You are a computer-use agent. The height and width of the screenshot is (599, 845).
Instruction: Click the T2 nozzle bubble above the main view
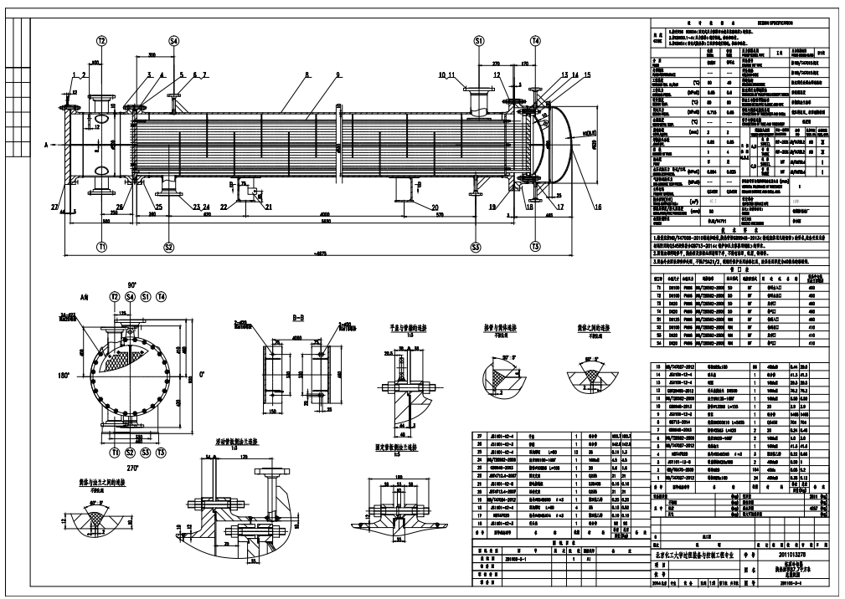[x=102, y=40]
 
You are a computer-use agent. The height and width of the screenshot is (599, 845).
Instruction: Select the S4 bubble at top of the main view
[x=174, y=40]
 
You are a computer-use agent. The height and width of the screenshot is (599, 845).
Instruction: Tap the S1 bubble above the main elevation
[x=479, y=40]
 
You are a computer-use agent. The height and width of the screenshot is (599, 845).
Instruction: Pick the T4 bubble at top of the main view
[x=535, y=40]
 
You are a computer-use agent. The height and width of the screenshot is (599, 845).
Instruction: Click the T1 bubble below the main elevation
[x=102, y=247]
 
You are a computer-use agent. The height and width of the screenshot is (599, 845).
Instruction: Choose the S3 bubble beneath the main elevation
[x=476, y=247]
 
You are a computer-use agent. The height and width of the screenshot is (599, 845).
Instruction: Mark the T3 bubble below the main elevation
[x=535, y=247]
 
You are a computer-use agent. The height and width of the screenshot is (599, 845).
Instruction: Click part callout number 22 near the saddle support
[x=224, y=206]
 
